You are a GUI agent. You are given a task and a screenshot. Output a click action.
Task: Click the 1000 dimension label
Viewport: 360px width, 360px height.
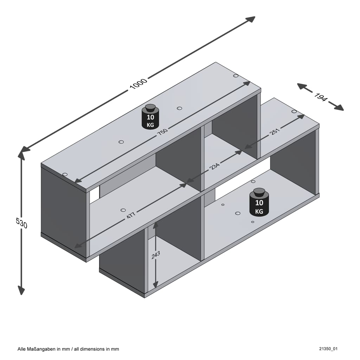(x=138, y=84)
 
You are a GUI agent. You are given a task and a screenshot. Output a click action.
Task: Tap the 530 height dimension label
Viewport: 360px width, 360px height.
(x=21, y=223)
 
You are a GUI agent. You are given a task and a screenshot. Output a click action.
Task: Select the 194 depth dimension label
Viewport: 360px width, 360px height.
(x=321, y=97)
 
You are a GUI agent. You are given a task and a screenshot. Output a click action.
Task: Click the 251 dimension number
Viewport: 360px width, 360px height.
(x=275, y=131)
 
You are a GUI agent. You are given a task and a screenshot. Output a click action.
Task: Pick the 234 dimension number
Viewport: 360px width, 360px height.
(x=215, y=166)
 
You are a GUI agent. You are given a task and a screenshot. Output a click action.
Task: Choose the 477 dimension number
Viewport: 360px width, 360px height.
(x=131, y=215)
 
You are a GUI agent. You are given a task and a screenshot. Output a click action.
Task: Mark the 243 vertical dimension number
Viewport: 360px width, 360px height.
(x=156, y=255)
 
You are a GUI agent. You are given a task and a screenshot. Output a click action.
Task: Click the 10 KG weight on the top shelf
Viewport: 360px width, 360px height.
(x=150, y=117)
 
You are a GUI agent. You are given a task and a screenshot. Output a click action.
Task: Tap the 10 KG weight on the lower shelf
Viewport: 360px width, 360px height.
(x=259, y=202)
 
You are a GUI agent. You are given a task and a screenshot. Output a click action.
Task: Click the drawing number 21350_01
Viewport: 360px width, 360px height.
(x=328, y=349)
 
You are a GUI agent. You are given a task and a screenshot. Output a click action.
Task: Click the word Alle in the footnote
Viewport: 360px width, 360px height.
(x=22, y=349)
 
